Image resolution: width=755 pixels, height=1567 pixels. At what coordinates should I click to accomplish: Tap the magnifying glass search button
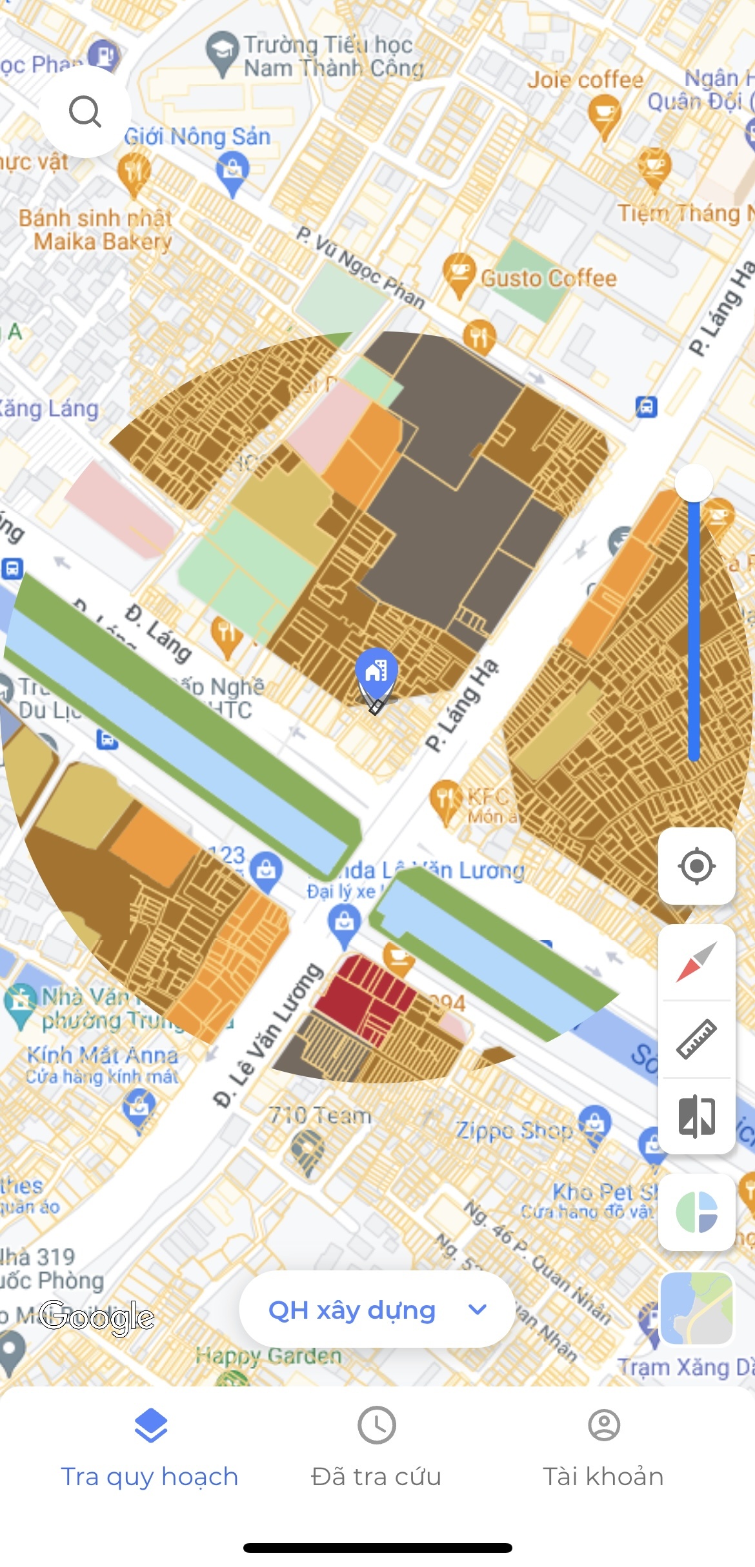coord(85,112)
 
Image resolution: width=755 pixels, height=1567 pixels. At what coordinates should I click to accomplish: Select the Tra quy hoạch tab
coord(150,1451)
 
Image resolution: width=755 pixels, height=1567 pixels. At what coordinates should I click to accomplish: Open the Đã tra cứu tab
coord(376,1451)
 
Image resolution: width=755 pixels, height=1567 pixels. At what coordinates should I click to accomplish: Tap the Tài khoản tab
coord(603,1451)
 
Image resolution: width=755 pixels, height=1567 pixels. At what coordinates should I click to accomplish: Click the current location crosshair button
coord(696,866)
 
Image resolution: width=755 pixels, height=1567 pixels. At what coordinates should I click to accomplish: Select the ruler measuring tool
coord(696,1039)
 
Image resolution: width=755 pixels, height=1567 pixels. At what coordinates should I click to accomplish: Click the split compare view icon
coord(696,1116)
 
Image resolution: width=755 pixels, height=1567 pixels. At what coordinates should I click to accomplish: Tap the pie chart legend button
coord(696,1212)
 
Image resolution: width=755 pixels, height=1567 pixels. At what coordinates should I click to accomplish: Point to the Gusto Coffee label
coord(549,279)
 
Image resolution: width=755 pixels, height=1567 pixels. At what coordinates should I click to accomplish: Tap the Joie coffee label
coord(585,80)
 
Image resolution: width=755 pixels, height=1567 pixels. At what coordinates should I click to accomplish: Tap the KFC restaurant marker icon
coord(445,798)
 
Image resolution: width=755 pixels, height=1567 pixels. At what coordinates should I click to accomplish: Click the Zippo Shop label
coord(514,1130)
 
